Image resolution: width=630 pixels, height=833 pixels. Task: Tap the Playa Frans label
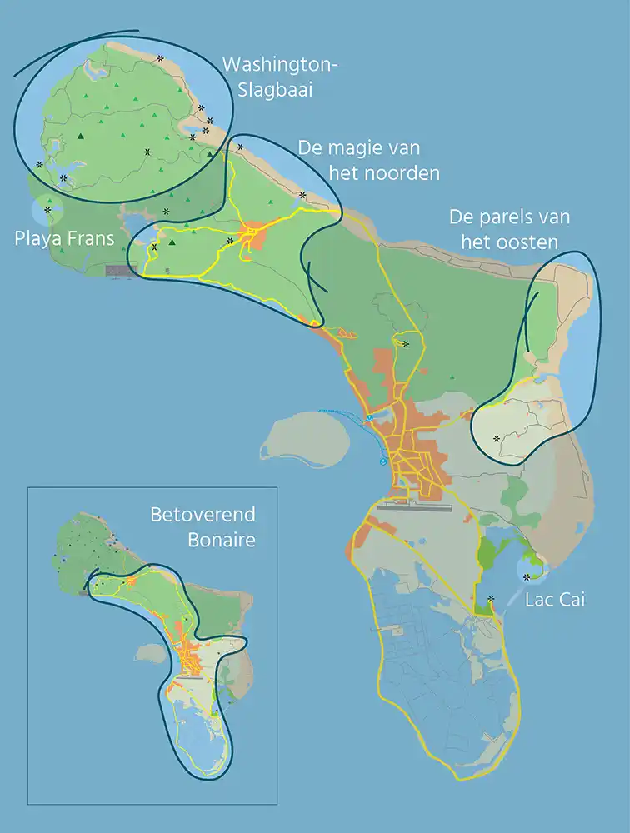coord(64,239)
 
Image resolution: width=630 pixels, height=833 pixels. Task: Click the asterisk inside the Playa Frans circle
coord(47,210)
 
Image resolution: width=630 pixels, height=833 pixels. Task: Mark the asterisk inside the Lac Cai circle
coord(527,576)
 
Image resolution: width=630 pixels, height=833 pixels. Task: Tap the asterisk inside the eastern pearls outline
coord(497,438)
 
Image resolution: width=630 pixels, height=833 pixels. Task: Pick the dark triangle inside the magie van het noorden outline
coord(172,242)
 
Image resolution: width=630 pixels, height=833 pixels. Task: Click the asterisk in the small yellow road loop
coord(406,343)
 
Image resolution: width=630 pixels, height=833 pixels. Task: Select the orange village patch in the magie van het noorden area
coord(252,235)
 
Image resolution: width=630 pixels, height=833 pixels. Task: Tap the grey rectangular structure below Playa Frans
coord(122,270)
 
